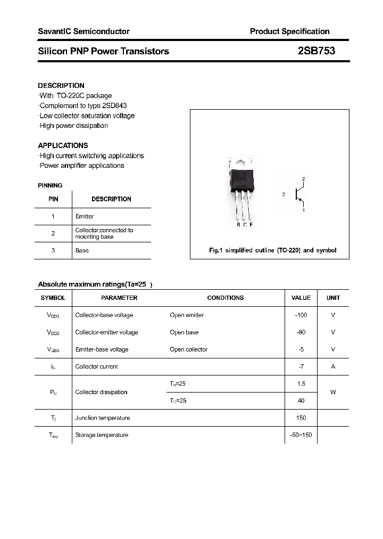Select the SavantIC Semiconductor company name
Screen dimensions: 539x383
84,31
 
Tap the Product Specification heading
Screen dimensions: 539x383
289,31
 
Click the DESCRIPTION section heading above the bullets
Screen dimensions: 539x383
61,85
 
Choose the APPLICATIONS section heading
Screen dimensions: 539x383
63,145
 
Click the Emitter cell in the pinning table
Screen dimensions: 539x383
85,216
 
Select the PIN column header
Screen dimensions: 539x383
53,199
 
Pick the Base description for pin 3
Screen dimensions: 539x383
82,250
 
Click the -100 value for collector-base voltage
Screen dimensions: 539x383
301,315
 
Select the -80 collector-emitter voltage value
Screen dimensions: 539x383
301,332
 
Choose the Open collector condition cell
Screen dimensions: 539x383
188,349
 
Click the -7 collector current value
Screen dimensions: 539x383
301,366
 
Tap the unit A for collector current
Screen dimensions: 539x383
333,366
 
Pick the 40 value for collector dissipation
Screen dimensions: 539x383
301,401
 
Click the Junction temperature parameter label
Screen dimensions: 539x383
102,418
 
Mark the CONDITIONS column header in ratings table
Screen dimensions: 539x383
225,298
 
